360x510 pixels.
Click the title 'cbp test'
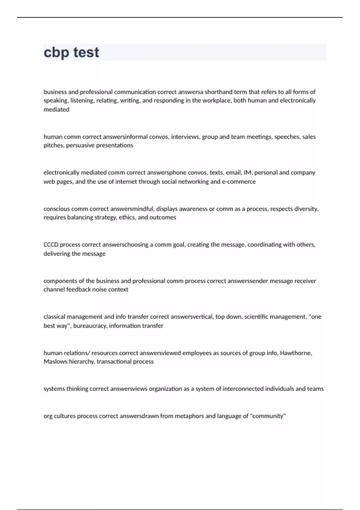[71, 52]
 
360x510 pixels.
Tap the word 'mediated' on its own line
[56, 109]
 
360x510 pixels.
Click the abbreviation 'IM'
[247, 172]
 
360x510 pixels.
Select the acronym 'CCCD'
[51, 244]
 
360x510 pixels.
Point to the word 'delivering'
[57, 253]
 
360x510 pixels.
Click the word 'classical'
[54, 316]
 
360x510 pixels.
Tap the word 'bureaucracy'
[90, 325]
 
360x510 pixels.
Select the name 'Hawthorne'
[296, 353]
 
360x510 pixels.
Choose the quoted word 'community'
[268, 416]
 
